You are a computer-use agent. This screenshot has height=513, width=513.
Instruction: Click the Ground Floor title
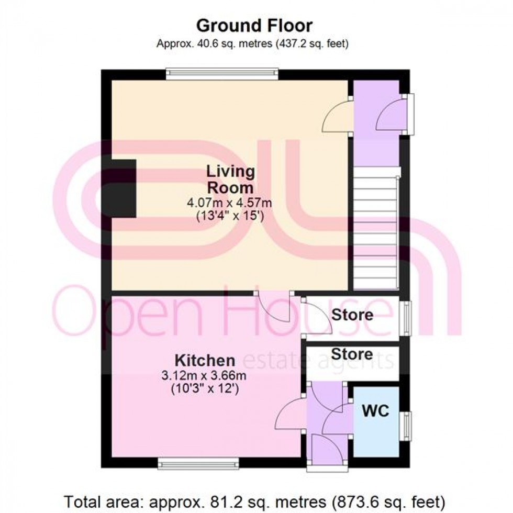pyautogui.click(x=254, y=25)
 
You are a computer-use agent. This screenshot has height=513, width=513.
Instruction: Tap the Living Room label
pyautogui.click(x=230, y=179)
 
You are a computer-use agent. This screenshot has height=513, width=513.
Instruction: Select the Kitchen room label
pyautogui.click(x=204, y=360)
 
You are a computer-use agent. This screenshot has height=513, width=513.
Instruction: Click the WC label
pyautogui.click(x=376, y=411)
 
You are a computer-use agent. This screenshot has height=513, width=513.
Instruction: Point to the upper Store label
pyautogui.click(x=352, y=315)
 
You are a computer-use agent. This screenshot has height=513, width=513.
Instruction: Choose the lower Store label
pyautogui.click(x=352, y=354)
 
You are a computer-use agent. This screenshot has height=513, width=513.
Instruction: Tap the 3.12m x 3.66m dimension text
pyautogui.click(x=204, y=376)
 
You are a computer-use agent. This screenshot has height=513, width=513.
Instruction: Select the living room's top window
pyautogui.click(x=222, y=74)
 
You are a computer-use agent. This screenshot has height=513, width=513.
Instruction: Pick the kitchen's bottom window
pyautogui.click(x=198, y=463)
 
